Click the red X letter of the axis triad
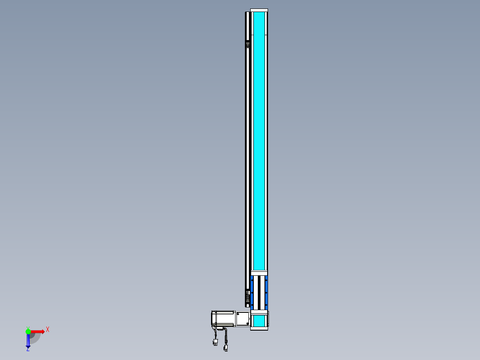click(x=48, y=330)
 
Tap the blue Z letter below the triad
click(x=28, y=349)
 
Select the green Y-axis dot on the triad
click(x=28, y=331)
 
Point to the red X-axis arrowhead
click(x=42, y=331)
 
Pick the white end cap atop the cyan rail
click(x=259, y=10)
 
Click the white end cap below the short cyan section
click(x=259, y=328)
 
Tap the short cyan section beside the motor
click(x=259, y=320)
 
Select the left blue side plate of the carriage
click(x=252, y=293)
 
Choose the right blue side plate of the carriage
click(x=266, y=293)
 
